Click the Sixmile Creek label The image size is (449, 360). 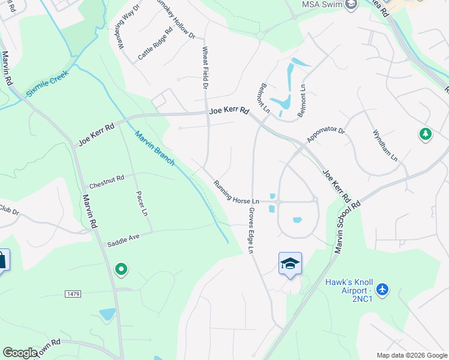(x=47, y=84)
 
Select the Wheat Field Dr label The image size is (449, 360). (x=205, y=68)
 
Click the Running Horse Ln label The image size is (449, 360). (x=236, y=192)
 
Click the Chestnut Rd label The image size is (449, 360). (x=106, y=178)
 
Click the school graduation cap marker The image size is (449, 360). (x=290, y=263)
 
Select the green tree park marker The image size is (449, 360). (x=426, y=134)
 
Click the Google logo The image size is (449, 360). (x=20, y=353)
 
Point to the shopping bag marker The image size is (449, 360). (x=2, y=260)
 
